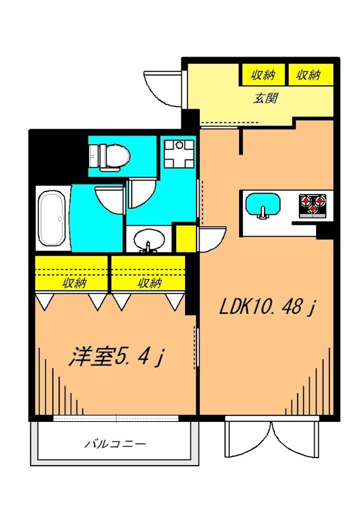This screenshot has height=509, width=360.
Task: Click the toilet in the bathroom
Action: coord(109,155)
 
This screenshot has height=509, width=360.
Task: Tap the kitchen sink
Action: coord(263,206)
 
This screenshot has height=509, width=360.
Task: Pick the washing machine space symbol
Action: coord(178,152)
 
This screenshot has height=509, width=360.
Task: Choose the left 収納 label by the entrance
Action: coord(263,75)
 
